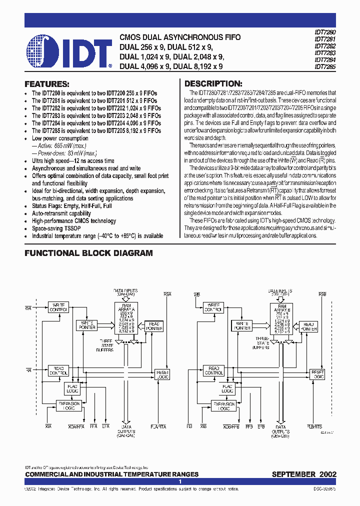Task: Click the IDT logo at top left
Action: (x=69, y=51)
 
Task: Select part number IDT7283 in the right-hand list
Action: (x=325, y=52)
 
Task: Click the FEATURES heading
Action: (x=47, y=84)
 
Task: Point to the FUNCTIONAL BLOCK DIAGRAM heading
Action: (x=88, y=253)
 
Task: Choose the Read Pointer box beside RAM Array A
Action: (x=154, y=326)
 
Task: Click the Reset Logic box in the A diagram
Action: (x=162, y=374)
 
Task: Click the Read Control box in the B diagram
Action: (x=214, y=370)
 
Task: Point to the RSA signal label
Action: (x=167, y=294)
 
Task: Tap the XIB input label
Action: (x=203, y=426)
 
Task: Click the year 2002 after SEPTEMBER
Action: (x=326, y=474)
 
